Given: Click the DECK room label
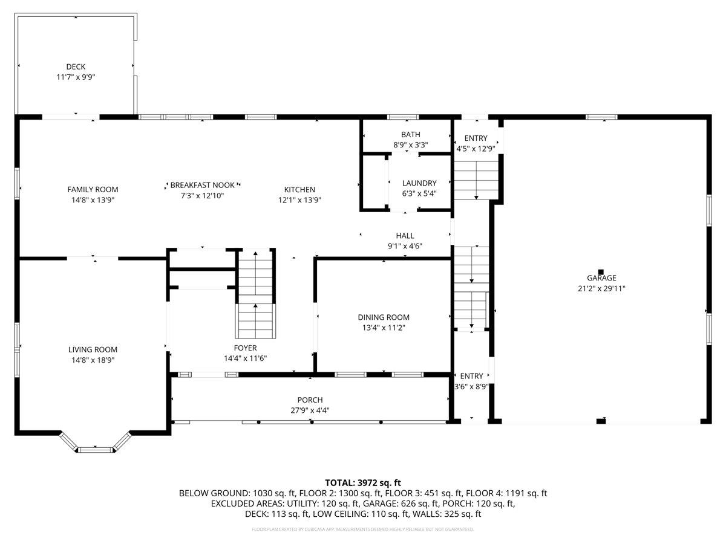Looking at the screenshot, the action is coord(76,66).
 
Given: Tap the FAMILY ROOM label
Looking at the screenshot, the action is coord(93,189).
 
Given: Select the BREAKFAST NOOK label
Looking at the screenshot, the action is coord(202,185).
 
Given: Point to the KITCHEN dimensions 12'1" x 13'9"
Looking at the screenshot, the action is coord(299,200).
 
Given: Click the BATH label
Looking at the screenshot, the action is coord(410,134).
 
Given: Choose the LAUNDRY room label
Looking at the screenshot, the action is coord(419,183).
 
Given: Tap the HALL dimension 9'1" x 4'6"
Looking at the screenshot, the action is coord(405,246).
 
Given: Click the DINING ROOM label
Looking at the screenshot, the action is coord(384,317).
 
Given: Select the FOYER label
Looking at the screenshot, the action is coord(245,348).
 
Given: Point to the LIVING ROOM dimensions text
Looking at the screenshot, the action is coord(93,360).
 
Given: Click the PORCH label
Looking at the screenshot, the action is coord(310,400).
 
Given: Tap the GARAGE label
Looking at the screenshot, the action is coord(601,278).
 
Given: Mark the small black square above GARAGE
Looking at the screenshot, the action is coord(601,272).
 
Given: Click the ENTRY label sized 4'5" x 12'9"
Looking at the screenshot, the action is coord(476,138).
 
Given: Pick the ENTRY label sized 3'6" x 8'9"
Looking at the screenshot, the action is coord(471,376).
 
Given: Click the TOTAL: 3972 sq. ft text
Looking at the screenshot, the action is coord(363,483).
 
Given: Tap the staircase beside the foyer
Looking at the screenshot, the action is coord(255,293).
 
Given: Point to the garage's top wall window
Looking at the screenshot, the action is coord(601,117).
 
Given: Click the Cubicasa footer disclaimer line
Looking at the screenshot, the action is coord(363,529).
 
